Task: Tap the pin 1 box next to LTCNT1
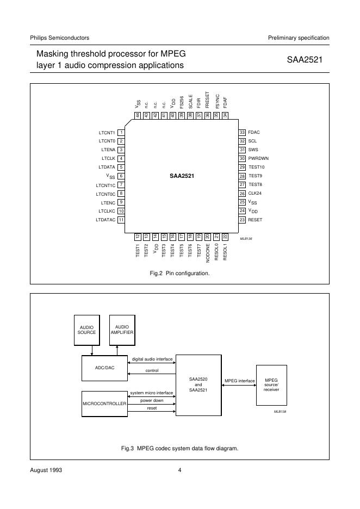point(122,132)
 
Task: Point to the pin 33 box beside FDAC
point(242,132)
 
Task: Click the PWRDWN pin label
point(258,158)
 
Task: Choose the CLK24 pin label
point(256,193)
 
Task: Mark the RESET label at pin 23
point(255,219)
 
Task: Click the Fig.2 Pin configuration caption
point(179,273)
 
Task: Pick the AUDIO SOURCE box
point(86,330)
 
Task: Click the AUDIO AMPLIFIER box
point(122,330)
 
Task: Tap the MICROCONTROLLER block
point(104,404)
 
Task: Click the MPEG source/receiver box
point(271,384)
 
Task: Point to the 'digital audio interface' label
point(152,359)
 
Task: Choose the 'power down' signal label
point(152,400)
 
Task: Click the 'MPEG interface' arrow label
point(239,381)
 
